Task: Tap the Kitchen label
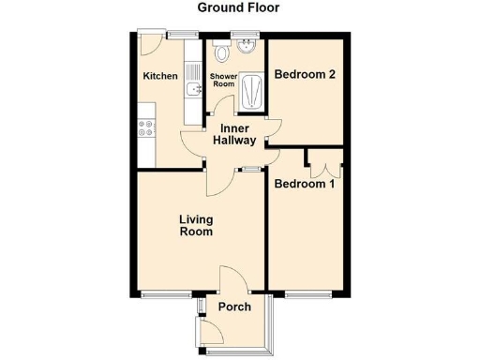(x=159, y=77)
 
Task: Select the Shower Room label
(x=222, y=80)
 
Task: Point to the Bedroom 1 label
(x=304, y=185)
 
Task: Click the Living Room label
(x=197, y=226)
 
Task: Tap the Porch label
(x=234, y=307)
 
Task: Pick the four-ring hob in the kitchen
(x=146, y=128)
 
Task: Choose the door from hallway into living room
(x=217, y=180)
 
